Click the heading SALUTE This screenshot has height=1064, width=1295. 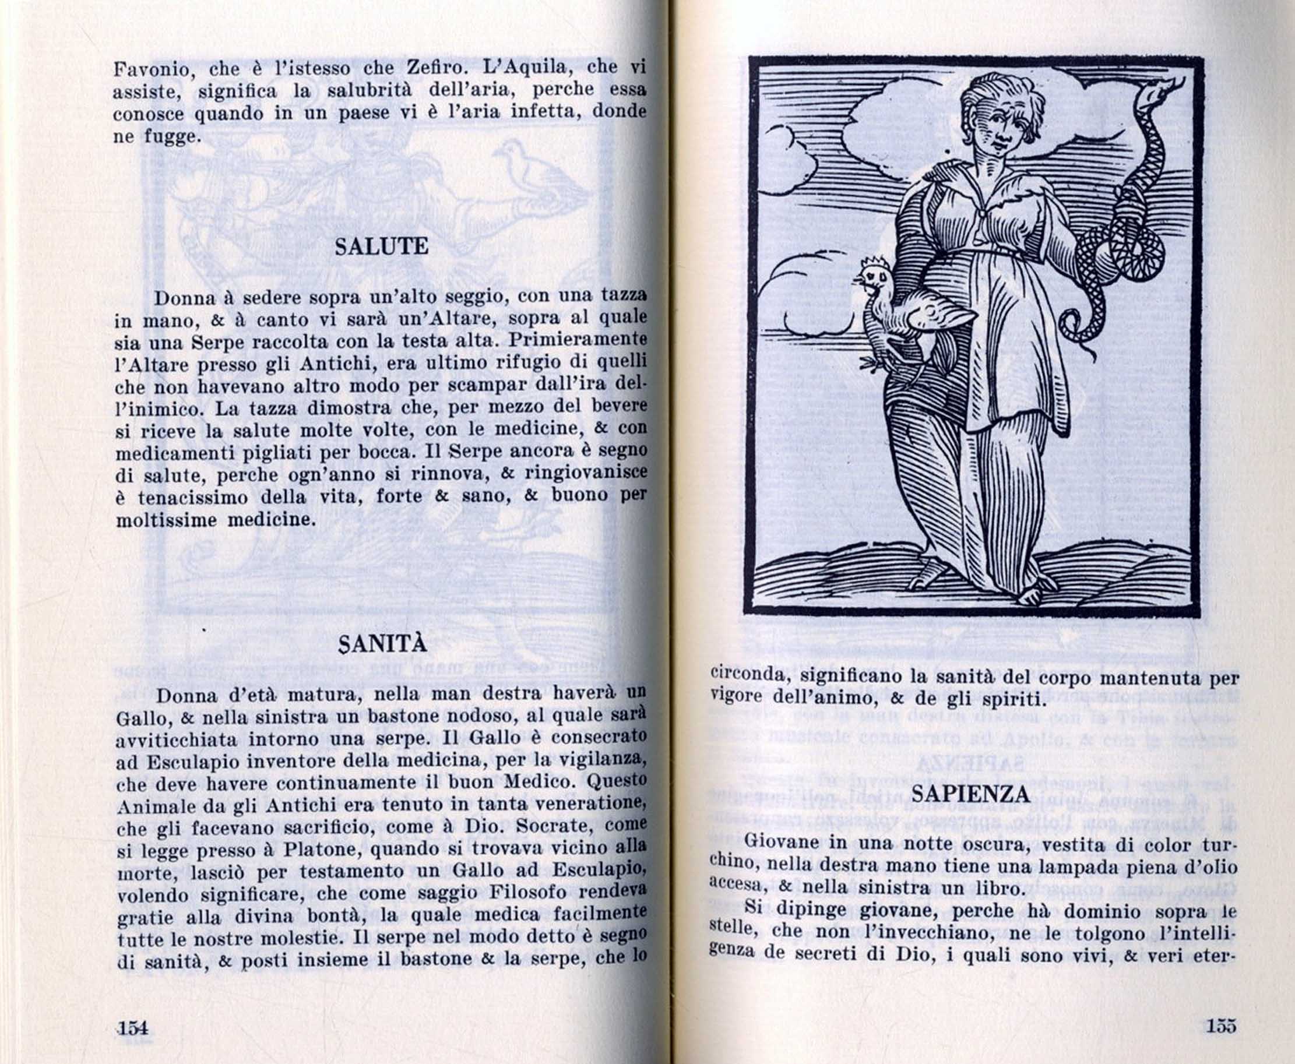381,247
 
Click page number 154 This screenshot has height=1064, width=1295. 132,1027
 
